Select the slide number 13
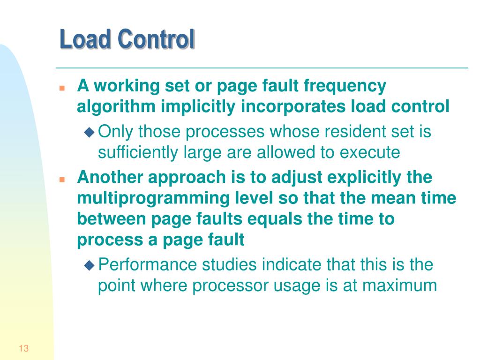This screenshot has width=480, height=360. tap(24, 348)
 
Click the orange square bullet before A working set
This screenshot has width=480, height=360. tap(61, 88)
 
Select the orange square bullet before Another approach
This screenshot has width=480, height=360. tap(61, 180)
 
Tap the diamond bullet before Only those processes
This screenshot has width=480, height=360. tap(89, 133)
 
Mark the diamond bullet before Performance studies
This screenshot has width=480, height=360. tap(89, 265)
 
